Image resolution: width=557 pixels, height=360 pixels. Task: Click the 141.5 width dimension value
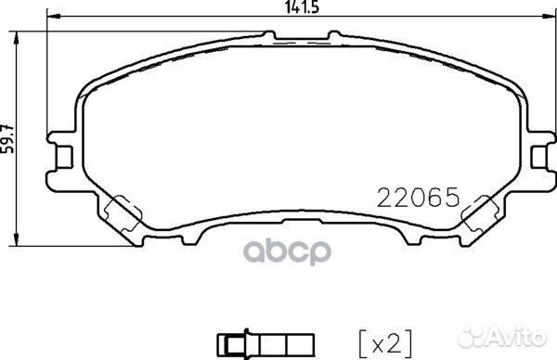pos(302,7)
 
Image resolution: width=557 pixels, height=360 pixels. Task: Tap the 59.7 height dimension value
pos(7,139)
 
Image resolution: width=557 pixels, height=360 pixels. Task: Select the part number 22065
pos(418,198)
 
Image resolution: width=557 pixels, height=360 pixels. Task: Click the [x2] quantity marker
pos(385,343)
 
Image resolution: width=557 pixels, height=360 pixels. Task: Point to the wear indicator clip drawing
pos(266,343)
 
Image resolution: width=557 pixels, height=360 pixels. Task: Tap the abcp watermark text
pos(287,252)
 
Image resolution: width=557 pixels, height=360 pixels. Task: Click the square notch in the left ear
pos(65,157)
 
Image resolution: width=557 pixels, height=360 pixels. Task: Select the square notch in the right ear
pos(539,157)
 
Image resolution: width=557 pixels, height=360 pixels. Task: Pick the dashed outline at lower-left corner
pos(123,214)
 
